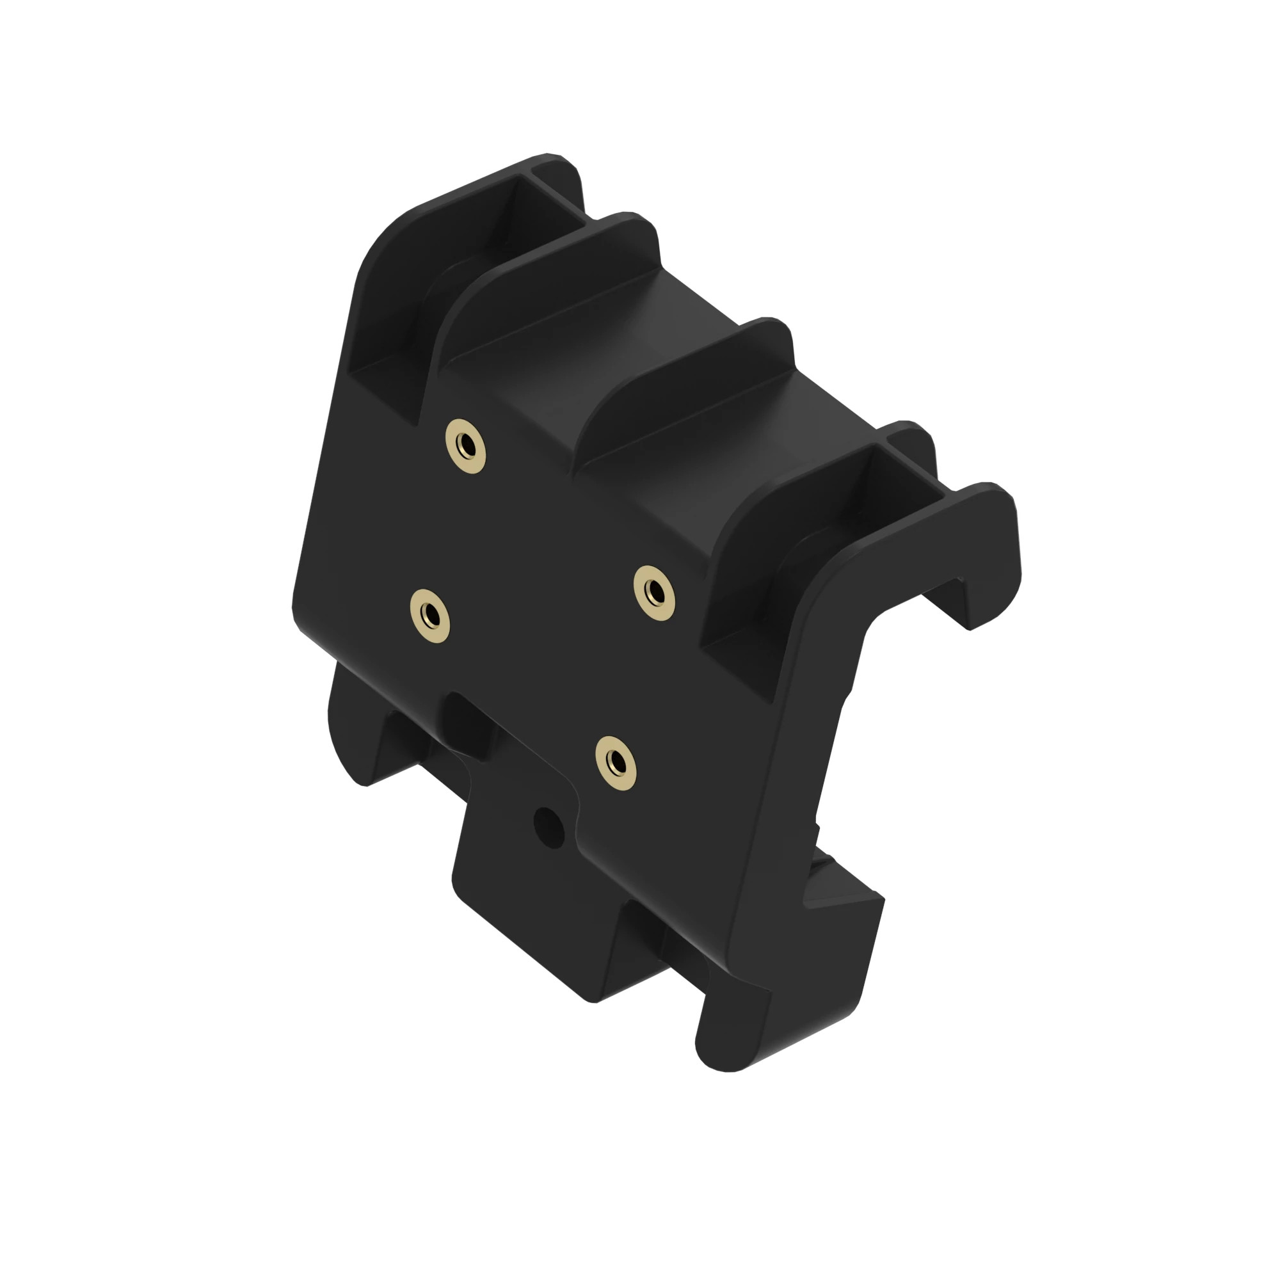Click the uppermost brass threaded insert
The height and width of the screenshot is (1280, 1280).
(465, 445)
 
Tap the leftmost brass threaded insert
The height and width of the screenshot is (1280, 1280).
(429, 616)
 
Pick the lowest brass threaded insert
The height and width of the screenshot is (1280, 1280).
(616, 764)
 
